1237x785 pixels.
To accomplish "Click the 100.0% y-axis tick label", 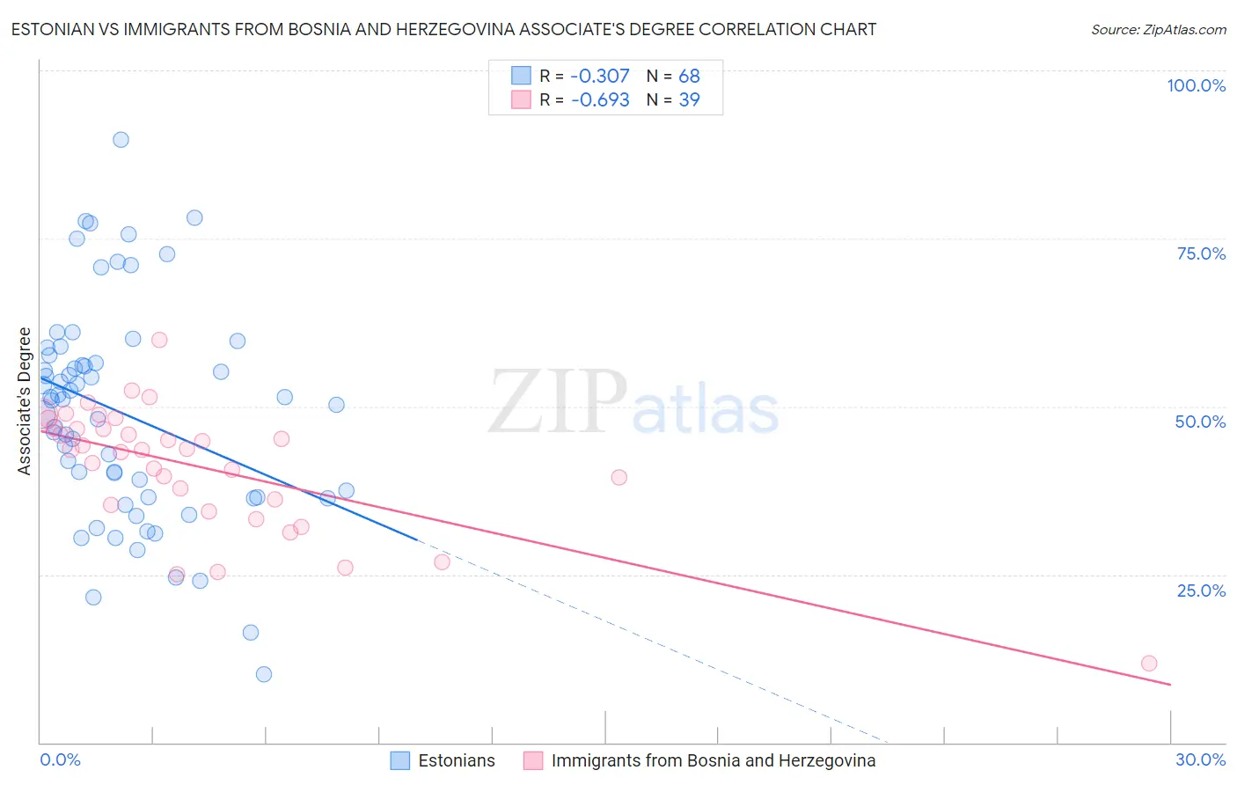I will pyautogui.click(x=1196, y=85).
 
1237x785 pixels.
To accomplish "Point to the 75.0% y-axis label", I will pyautogui.click(x=1201, y=253).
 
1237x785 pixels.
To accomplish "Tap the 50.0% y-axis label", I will pyautogui.click(x=1200, y=422).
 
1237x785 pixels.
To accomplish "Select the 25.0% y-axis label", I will pyautogui.click(x=1201, y=591).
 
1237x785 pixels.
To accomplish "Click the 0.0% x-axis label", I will pyautogui.click(x=60, y=759).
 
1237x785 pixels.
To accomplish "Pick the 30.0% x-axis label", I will pyautogui.click(x=1200, y=759).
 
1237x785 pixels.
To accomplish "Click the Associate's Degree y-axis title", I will pyautogui.click(x=25, y=400).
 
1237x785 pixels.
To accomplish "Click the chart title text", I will pyautogui.click(x=443, y=29).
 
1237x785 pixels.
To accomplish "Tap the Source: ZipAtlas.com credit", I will pyautogui.click(x=1158, y=30).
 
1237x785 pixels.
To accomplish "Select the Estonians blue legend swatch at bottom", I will pyautogui.click(x=400, y=760).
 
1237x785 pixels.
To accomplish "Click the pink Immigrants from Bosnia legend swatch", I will pyautogui.click(x=533, y=760).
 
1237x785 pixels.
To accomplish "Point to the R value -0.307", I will pyautogui.click(x=600, y=77).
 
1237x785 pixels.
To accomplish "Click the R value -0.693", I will pyautogui.click(x=600, y=100).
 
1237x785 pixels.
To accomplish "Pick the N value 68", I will pyautogui.click(x=689, y=77).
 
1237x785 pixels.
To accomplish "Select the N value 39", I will pyautogui.click(x=689, y=100).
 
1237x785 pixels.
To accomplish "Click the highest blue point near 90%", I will pyautogui.click(x=121, y=140).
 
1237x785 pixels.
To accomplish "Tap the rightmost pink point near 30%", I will pyautogui.click(x=1149, y=664).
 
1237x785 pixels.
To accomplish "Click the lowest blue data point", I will pyautogui.click(x=264, y=675).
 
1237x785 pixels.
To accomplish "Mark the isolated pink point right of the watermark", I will pyautogui.click(x=618, y=477).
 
